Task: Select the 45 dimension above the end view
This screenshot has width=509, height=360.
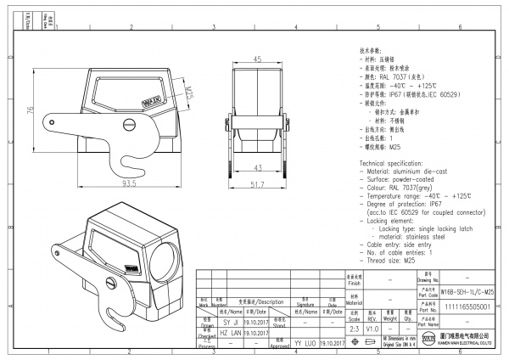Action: pos(258,59)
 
